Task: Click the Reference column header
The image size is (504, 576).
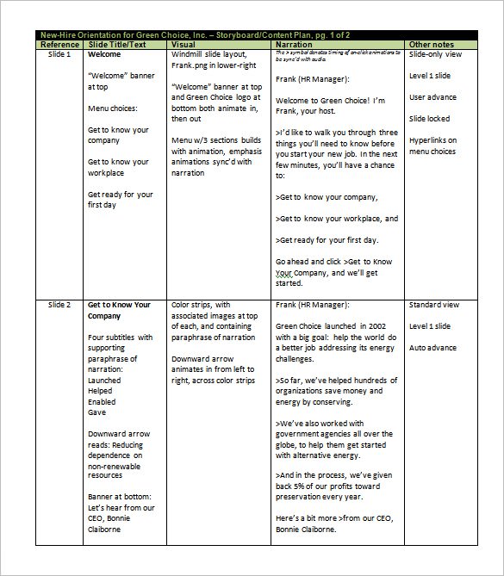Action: pyautogui.click(x=60, y=44)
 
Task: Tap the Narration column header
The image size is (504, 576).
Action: pyautogui.click(x=295, y=44)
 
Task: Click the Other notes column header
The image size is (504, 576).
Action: pyautogui.click(x=431, y=44)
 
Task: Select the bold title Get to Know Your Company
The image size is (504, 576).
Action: pyautogui.click(x=119, y=310)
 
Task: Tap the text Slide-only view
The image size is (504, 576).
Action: pyautogui.click(x=436, y=54)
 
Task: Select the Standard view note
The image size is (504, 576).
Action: pyautogui.click(x=434, y=305)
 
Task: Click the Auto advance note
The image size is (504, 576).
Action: pyautogui.click(x=433, y=347)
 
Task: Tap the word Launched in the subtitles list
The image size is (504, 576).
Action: pyautogui.click(x=105, y=379)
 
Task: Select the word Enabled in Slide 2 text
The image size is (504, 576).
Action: pyautogui.click(x=103, y=400)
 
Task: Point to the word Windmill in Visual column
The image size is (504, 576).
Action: pyautogui.click(x=190, y=54)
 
